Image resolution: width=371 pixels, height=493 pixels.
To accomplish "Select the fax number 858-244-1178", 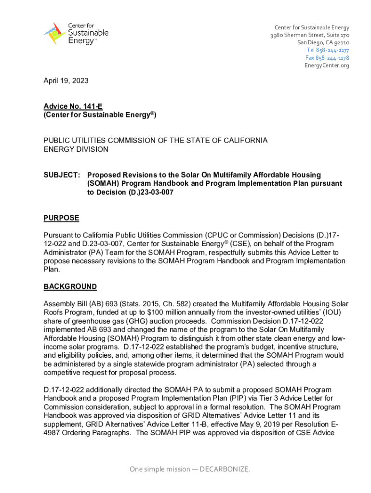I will [327, 58].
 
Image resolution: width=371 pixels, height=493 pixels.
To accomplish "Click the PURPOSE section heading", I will [61, 218].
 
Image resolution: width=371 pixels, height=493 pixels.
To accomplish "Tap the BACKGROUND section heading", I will [70, 287].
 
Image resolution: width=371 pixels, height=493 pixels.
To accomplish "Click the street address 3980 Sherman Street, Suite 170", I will [310, 35].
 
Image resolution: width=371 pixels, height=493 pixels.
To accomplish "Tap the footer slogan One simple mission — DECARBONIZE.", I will [190, 469].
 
